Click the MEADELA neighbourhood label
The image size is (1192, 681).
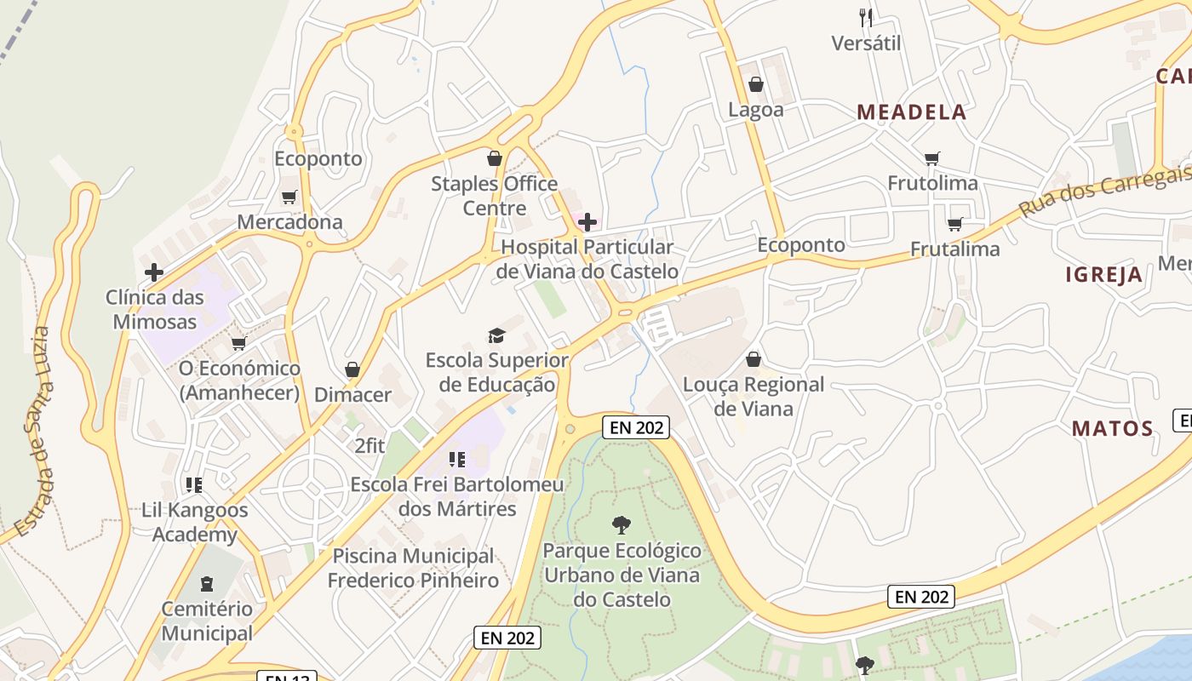coord(911,112)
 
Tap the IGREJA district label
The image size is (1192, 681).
coord(1103,274)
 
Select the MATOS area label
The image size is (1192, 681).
coord(1112,428)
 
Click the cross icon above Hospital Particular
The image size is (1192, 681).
coord(587,223)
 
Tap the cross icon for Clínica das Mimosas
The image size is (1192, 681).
coord(154,272)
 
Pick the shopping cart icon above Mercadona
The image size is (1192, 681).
coord(289,197)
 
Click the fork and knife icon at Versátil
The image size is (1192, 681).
coord(866,17)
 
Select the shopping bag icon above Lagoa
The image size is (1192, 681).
coord(755,84)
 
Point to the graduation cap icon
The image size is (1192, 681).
coord(496,335)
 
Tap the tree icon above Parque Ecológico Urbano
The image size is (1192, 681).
coord(622,525)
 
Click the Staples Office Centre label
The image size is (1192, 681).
coord(494,196)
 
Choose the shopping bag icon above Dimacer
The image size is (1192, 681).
coord(352,369)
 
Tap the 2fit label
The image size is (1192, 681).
coord(370,445)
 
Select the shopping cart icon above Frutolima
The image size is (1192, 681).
coord(932,158)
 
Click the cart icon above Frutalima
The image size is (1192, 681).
coord(954,224)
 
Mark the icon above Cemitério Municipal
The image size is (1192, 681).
coord(206,584)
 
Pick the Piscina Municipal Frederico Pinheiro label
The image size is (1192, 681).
coord(413,568)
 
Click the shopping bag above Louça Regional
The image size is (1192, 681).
coord(753,359)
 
